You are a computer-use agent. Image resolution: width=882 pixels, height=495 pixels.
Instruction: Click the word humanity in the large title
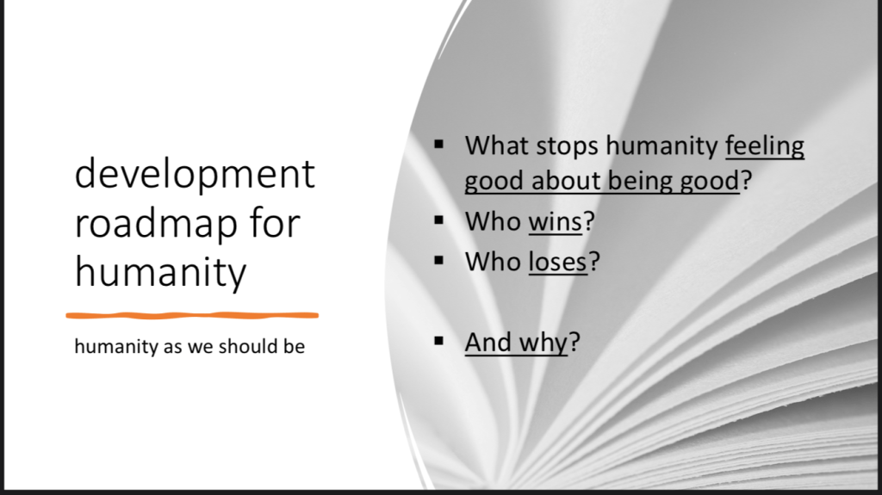click(160, 273)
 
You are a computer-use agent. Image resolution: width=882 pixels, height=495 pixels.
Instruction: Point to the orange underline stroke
click(192, 316)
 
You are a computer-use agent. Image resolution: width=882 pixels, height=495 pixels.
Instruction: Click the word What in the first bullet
click(497, 145)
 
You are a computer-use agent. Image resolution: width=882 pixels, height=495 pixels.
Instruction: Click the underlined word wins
click(556, 221)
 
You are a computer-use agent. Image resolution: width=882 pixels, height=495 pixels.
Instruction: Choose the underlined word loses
click(558, 262)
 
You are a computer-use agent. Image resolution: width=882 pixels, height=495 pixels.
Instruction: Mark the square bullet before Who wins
click(439, 220)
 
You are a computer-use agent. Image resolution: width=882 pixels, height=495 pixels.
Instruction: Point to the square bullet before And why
click(439, 341)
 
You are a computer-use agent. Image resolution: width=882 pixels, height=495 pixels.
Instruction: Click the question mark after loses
click(594, 262)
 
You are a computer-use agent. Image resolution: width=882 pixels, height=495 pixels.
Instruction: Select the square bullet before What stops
click(439, 145)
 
